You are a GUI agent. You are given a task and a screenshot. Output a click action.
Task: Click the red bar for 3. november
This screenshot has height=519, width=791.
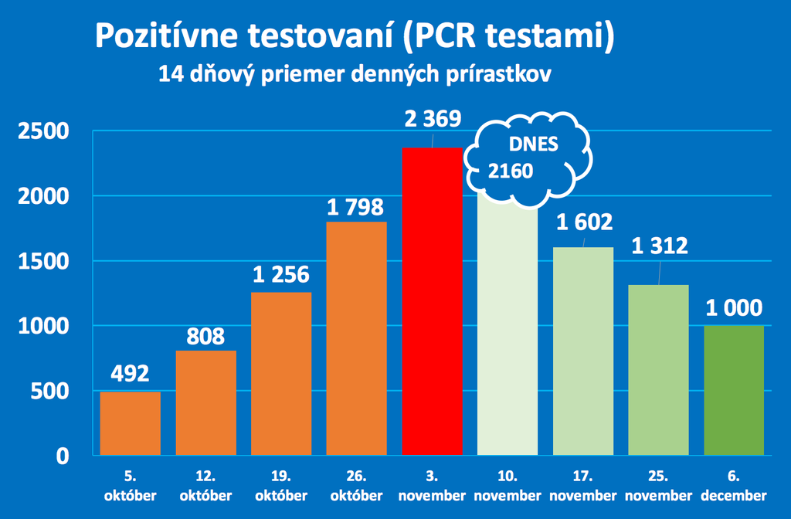click(x=433, y=301)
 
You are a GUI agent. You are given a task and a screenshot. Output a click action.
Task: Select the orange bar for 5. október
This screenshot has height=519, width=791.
click(x=131, y=423)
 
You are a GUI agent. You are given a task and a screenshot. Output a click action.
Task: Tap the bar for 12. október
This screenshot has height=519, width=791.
click(x=206, y=403)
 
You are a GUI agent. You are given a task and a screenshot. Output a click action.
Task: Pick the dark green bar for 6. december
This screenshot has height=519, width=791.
click(x=734, y=390)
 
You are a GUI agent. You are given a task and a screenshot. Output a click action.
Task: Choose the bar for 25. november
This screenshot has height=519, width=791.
click(x=658, y=370)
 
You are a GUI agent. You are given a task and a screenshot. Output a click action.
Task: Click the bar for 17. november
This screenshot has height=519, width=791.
click(x=583, y=351)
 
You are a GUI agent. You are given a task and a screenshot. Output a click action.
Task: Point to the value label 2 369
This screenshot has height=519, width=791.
click(x=433, y=119)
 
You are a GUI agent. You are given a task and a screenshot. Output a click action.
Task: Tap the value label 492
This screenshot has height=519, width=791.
click(x=131, y=374)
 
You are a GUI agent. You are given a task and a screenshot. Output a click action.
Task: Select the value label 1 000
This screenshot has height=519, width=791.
click(x=734, y=308)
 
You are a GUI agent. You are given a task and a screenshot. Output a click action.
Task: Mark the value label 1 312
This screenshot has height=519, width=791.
click(x=658, y=246)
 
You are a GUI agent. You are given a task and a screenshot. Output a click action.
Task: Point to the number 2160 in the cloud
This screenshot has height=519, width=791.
click(x=510, y=171)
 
